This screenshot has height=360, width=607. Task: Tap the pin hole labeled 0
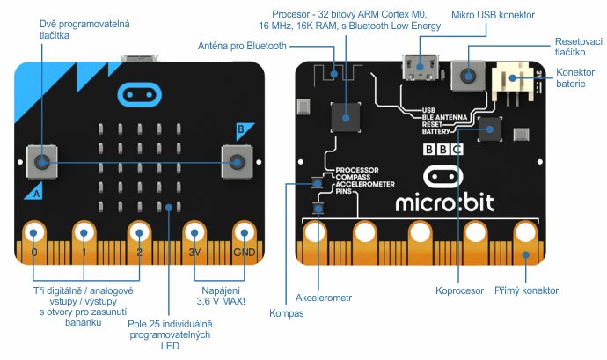click(34, 233)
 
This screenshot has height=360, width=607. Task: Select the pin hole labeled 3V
click(194, 233)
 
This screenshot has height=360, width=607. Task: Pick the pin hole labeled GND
click(244, 233)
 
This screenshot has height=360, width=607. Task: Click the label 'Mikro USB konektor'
click(492, 15)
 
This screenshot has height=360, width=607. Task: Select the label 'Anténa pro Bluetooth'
click(241, 46)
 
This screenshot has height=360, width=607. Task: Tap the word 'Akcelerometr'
click(323, 298)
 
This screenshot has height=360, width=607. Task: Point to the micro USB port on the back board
click(421, 67)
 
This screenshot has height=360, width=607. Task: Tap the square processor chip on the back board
click(344, 115)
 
